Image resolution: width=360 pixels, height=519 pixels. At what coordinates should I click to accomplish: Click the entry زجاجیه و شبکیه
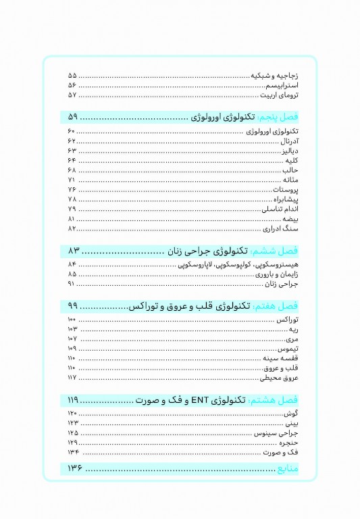click(x=275, y=76)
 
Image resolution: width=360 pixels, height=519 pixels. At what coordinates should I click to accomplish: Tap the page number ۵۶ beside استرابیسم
click(x=72, y=86)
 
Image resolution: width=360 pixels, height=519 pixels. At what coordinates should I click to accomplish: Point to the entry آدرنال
click(x=289, y=141)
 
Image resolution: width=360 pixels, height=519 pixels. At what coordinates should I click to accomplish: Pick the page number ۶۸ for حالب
click(x=72, y=171)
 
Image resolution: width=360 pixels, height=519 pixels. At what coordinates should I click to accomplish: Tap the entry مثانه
click(x=291, y=181)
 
